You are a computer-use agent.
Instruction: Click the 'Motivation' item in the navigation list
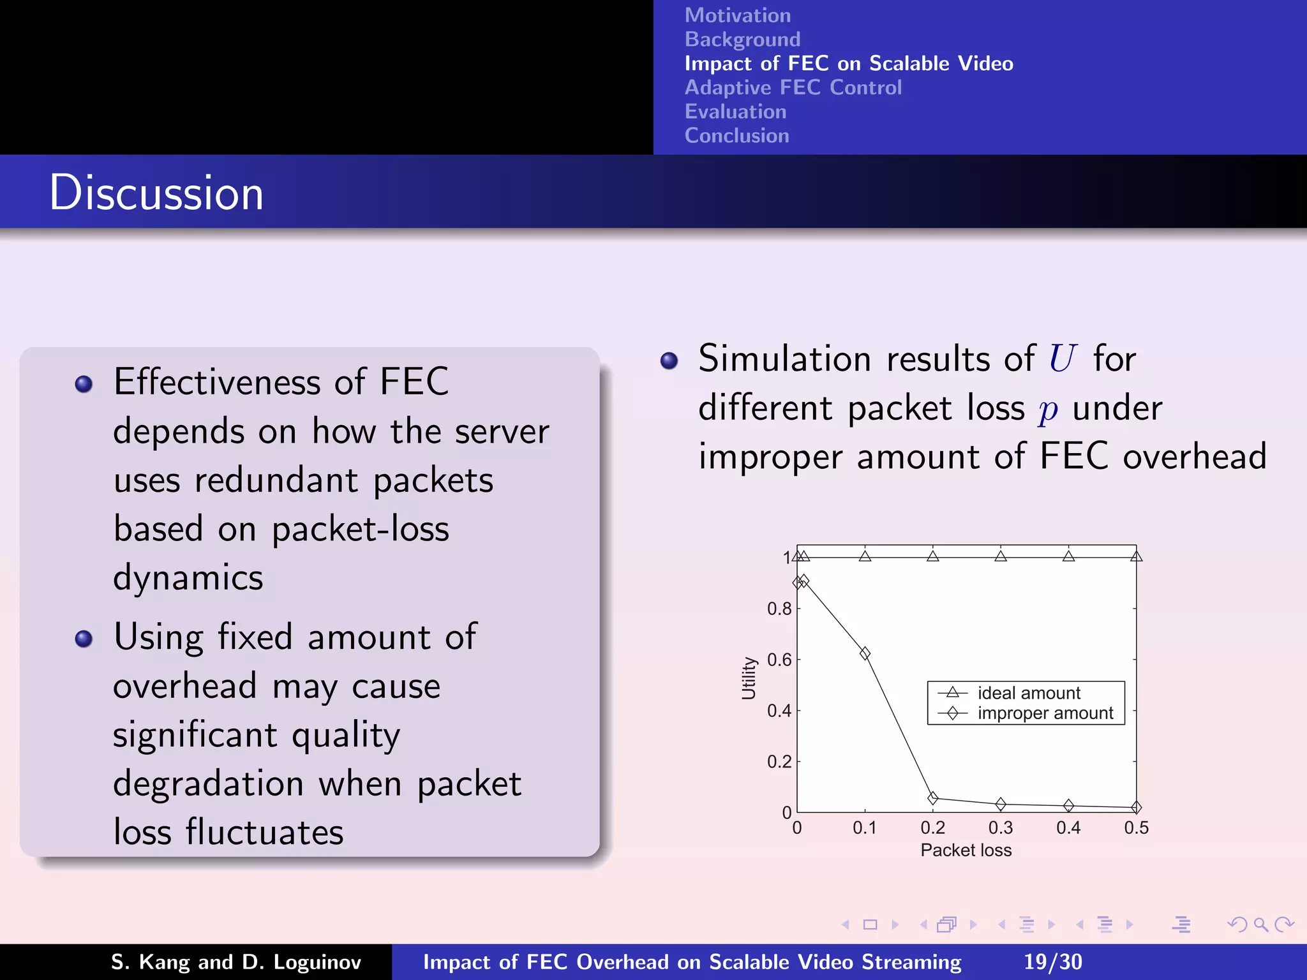tap(737, 15)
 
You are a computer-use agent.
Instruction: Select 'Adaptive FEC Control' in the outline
tap(793, 87)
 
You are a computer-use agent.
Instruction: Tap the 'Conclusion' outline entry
tap(736, 135)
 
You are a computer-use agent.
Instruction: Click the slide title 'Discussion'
tap(156, 193)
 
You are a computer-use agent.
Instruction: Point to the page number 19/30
tap(1052, 961)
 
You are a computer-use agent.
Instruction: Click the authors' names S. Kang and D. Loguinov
tap(235, 961)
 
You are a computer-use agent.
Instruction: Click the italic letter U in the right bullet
tap(1062, 359)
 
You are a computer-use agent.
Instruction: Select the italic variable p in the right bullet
tap(1047, 410)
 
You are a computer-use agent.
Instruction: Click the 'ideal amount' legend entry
tap(1028, 693)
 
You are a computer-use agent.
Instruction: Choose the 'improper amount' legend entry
tap(1045, 713)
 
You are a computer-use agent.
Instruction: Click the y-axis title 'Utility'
tap(749, 678)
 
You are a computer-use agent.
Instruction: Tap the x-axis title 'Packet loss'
tap(966, 850)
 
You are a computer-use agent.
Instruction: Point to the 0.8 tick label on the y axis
tap(779, 609)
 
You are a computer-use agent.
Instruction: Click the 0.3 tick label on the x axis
tap(1000, 828)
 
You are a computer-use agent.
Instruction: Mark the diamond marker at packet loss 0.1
tap(865, 653)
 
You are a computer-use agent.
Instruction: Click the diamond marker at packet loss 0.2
tap(932, 798)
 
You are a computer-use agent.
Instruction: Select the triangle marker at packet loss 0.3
tap(1001, 556)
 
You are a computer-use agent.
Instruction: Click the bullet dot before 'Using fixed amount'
tap(84, 639)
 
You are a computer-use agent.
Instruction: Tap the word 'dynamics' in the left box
tap(188, 578)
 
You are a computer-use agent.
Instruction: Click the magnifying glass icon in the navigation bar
tap(1260, 924)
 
